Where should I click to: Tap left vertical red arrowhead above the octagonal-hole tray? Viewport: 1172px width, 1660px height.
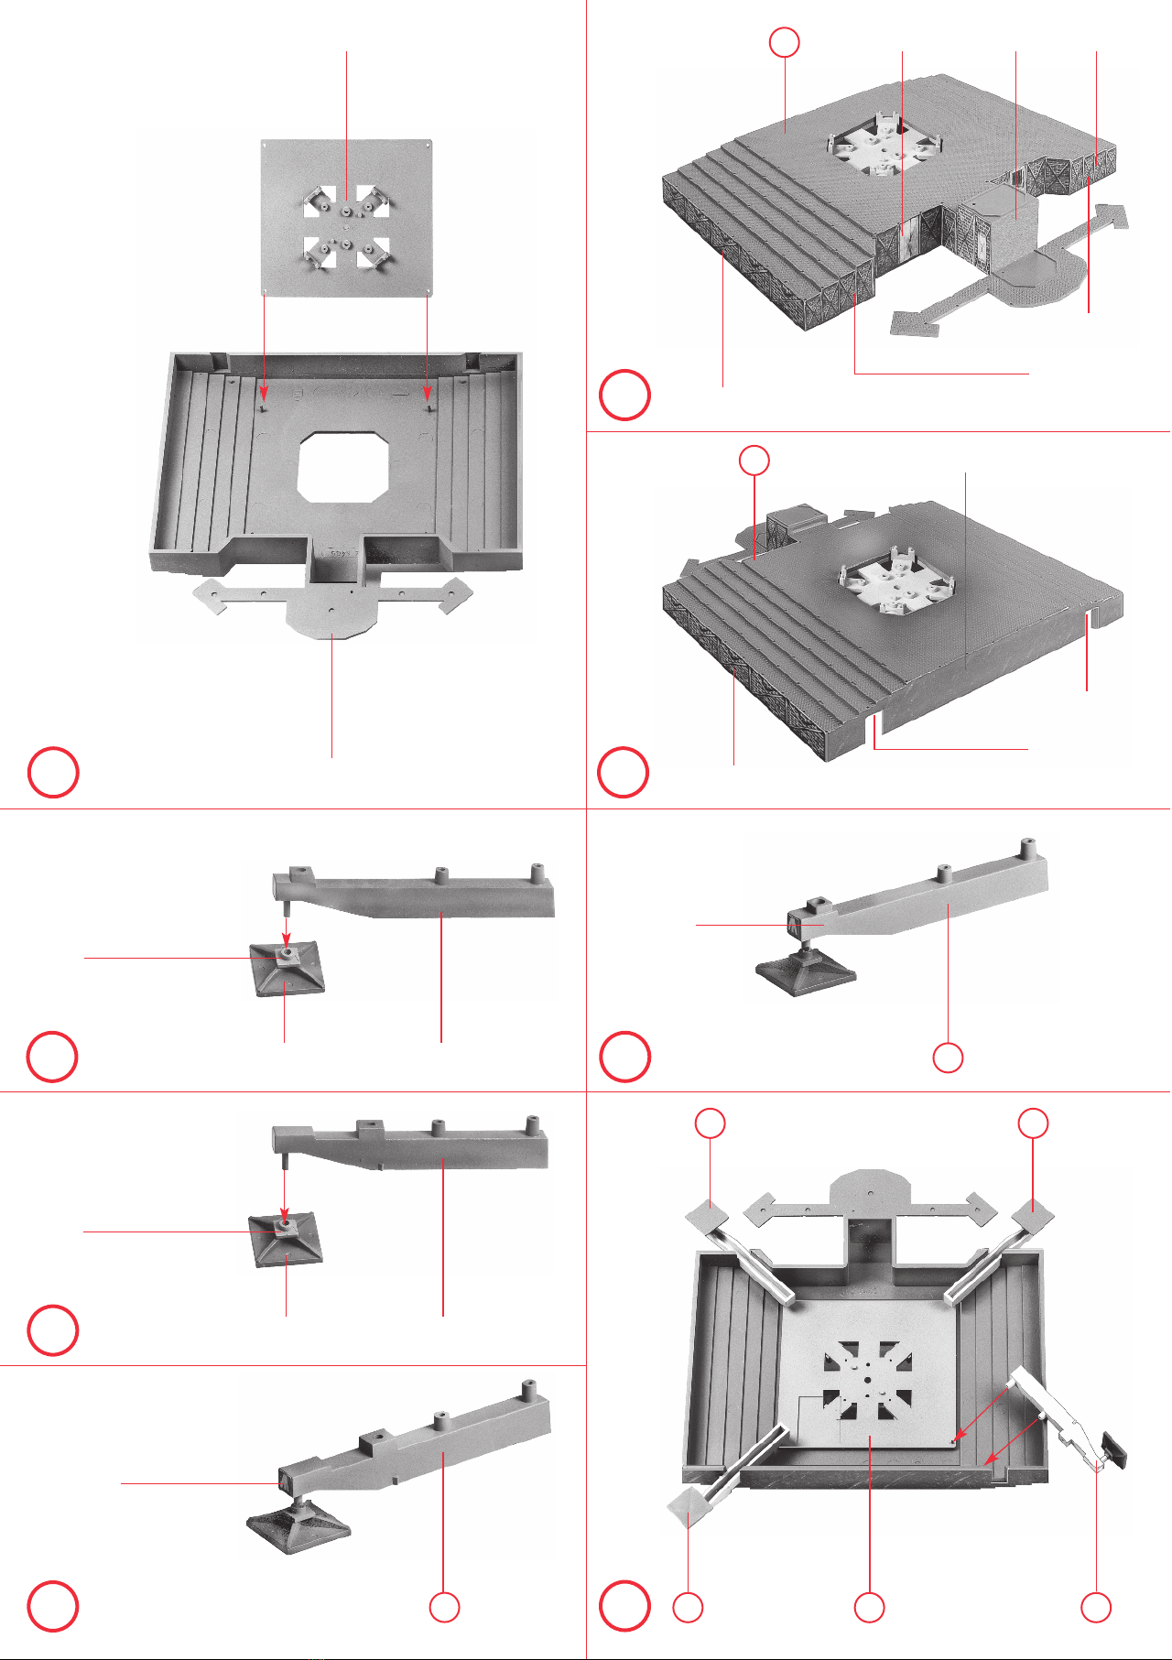tap(264, 396)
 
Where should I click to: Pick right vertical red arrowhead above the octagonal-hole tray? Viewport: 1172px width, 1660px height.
tap(428, 396)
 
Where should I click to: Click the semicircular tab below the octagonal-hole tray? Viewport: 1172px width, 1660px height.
tap(331, 618)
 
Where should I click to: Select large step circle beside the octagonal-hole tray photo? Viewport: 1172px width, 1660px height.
tap(53, 773)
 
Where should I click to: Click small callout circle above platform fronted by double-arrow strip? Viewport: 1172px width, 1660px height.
tap(785, 42)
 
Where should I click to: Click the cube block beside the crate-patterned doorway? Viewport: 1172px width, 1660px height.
tap(1015, 215)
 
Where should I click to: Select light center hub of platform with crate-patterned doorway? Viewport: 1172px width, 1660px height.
tap(879, 149)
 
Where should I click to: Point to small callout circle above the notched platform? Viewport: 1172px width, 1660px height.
tap(754, 460)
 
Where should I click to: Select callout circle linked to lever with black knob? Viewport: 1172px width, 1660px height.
tap(1096, 1607)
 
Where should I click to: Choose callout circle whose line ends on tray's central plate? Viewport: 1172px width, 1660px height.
tap(869, 1607)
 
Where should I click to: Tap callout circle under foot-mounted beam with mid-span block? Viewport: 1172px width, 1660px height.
tap(444, 1607)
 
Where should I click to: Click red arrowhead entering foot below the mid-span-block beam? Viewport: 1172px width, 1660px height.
tap(285, 1215)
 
